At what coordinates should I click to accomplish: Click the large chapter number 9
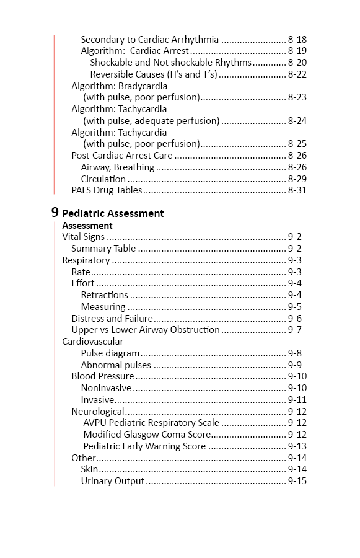55,212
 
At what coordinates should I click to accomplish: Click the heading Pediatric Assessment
113,213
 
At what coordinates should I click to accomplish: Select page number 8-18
297,39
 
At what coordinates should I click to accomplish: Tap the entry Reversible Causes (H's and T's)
154,74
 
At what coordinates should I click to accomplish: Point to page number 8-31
297,190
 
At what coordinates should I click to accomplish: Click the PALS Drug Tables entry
107,190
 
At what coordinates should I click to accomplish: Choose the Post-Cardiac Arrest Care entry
121,156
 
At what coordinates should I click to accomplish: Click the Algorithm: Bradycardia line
119,86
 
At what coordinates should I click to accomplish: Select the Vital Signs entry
83,237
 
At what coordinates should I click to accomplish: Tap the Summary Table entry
103,249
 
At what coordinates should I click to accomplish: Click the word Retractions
104,295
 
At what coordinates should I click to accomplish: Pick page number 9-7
295,330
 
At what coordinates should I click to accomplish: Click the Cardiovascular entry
92,342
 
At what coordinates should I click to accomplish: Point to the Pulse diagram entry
110,353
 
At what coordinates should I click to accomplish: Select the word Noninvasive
106,388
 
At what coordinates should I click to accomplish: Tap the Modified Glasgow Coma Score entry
147,435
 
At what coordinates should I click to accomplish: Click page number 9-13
297,446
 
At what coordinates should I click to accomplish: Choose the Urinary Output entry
112,481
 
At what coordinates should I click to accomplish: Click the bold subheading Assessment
87,226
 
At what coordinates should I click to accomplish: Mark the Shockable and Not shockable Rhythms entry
170,63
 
